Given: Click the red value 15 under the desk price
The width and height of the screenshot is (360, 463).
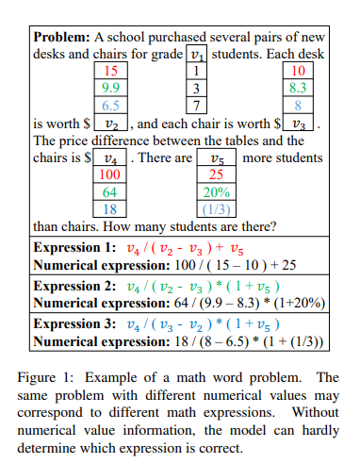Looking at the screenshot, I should click(111, 71).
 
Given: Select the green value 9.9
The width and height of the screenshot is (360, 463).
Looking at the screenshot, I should click(111, 88).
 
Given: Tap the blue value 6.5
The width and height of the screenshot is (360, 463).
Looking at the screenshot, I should click(111, 105).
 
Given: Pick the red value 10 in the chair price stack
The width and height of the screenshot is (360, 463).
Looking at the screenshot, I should click(299, 71).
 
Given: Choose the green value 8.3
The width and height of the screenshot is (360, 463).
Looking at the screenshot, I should click(299, 88).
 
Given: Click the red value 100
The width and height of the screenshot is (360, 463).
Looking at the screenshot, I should click(110, 174).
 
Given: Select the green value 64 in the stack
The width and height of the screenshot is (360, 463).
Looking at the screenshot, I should click(110, 191).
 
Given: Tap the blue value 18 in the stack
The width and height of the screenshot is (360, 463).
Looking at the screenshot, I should click(110, 208).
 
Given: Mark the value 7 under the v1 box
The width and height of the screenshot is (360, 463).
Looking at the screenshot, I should click(197, 105).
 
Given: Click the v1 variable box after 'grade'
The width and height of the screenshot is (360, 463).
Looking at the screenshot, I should click(197, 54).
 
